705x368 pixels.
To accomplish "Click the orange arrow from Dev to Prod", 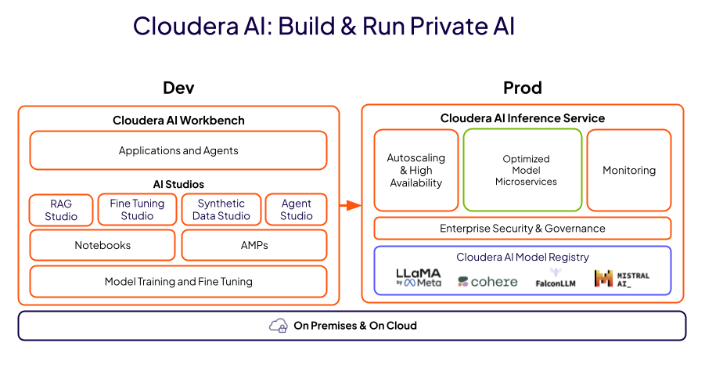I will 351,206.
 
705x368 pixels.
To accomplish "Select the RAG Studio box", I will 61,210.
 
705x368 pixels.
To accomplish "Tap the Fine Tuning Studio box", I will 137,210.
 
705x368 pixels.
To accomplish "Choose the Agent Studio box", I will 296,210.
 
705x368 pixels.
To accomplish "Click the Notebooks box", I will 103,245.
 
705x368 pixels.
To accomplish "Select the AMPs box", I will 254,245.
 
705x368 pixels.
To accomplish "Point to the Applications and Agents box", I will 178,150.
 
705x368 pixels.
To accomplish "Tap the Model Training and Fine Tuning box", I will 178,282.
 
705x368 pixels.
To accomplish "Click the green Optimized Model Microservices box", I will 523,170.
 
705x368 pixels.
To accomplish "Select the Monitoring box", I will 629,170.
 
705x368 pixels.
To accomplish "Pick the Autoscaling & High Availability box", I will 415,170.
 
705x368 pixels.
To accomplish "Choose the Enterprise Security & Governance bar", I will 523,229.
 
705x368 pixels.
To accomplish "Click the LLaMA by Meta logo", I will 419,278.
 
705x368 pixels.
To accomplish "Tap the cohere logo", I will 487,281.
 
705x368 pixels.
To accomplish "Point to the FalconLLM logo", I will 556,278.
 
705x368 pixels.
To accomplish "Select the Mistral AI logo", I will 622,279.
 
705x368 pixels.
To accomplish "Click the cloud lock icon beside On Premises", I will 278,326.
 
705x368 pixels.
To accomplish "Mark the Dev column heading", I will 178,88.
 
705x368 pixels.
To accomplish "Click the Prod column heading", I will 523,88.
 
